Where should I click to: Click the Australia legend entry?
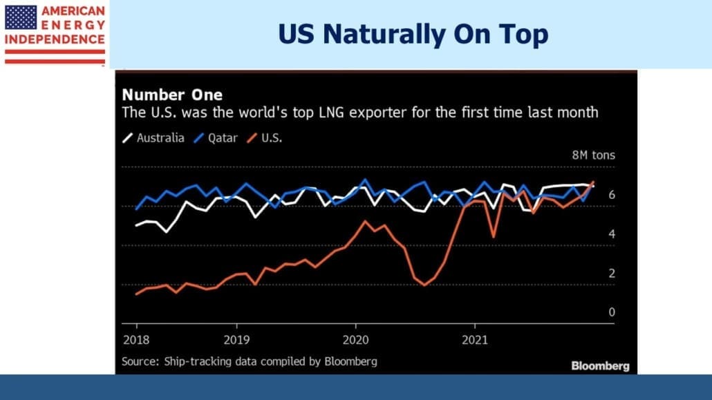pos(153,138)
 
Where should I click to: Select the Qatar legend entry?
pos(216,138)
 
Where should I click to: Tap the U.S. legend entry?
pos(264,138)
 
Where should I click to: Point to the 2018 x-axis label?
pos(136,340)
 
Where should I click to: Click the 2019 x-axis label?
pos(236,340)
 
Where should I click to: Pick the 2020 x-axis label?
pos(355,340)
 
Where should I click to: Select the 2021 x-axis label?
pos(475,340)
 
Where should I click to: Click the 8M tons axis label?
pos(594,155)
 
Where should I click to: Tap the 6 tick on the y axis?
pos(612,195)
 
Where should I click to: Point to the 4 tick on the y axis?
pos(612,234)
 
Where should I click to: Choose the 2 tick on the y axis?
pos(612,274)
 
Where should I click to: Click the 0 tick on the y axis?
pos(612,312)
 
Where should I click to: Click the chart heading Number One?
pos(172,95)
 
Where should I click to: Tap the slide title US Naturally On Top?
pos(413,34)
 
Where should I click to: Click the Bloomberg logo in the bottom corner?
pos(600,366)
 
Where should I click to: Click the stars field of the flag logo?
pos(21,17)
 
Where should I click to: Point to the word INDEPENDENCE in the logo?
pos(55,39)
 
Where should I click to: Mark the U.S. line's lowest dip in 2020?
pos(425,285)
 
